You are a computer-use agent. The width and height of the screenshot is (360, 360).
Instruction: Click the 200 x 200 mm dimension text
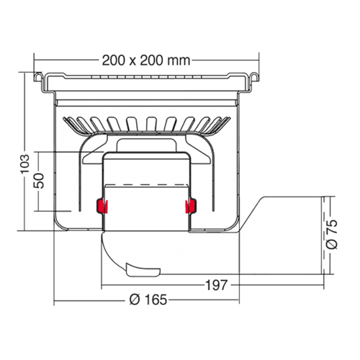click(x=146, y=60)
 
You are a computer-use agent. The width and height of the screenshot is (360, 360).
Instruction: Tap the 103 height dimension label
click(x=24, y=164)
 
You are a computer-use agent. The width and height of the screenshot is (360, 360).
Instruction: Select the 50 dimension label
click(x=39, y=181)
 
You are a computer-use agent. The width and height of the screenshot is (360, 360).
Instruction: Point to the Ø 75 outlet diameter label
click(x=332, y=234)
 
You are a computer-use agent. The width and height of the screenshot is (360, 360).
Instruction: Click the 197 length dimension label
click(x=216, y=285)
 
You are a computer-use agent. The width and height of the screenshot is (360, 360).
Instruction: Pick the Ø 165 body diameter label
click(x=148, y=300)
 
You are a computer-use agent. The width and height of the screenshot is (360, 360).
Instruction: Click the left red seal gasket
click(x=102, y=206)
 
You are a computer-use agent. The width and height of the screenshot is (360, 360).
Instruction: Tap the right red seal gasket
click(x=191, y=206)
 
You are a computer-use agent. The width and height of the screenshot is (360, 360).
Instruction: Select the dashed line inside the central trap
click(x=146, y=185)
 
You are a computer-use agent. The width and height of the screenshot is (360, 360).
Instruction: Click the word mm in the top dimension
click(x=179, y=60)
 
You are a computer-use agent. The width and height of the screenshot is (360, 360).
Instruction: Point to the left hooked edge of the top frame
click(x=38, y=77)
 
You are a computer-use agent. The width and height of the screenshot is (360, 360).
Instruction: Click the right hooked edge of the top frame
click(x=254, y=77)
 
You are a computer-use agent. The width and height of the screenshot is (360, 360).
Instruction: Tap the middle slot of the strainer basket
click(x=150, y=124)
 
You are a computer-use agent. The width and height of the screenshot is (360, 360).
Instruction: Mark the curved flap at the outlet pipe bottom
click(x=143, y=270)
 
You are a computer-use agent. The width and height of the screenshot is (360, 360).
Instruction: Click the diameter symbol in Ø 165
click(x=135, y=300)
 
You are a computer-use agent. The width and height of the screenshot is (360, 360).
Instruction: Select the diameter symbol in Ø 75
click(x=332, y=243)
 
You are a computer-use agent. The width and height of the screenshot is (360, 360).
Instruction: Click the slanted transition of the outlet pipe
click(x=252, y=214)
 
